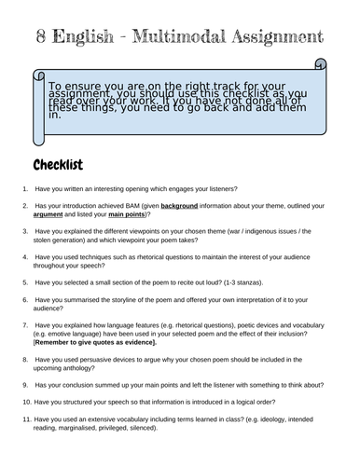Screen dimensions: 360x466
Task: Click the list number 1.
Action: [24, 187]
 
